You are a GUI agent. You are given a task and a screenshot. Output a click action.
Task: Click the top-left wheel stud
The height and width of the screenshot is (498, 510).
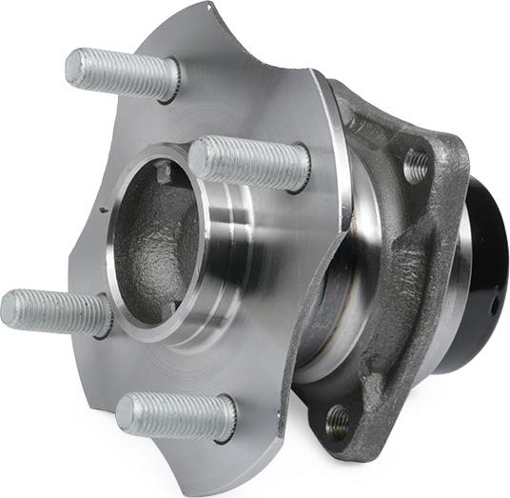click(122, 73)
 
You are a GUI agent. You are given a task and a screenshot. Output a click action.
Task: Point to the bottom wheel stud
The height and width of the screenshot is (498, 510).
click(176, 416)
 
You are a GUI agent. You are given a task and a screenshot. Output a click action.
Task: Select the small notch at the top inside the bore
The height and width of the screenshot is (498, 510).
click(165, 172)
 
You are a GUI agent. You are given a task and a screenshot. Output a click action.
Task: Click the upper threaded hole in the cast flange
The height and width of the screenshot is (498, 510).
click(416, 166)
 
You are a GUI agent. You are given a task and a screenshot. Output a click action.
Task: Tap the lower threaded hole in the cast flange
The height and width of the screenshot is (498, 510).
click(337, 418)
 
